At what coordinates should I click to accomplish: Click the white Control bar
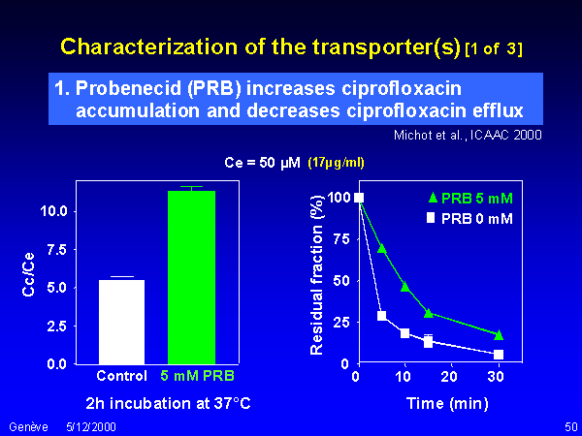(122, 322)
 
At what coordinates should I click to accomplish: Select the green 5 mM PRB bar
(191, 277)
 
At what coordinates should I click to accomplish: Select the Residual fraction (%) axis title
(317, 275)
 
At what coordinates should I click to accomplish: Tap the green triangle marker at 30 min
(499, 334)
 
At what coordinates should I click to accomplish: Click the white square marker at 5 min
(382, 316)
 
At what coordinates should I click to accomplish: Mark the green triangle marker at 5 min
(382, 248)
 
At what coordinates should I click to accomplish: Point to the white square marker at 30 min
(499, 355)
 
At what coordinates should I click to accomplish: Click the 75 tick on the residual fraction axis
(340, 238)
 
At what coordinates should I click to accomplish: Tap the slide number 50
(569, 426)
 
